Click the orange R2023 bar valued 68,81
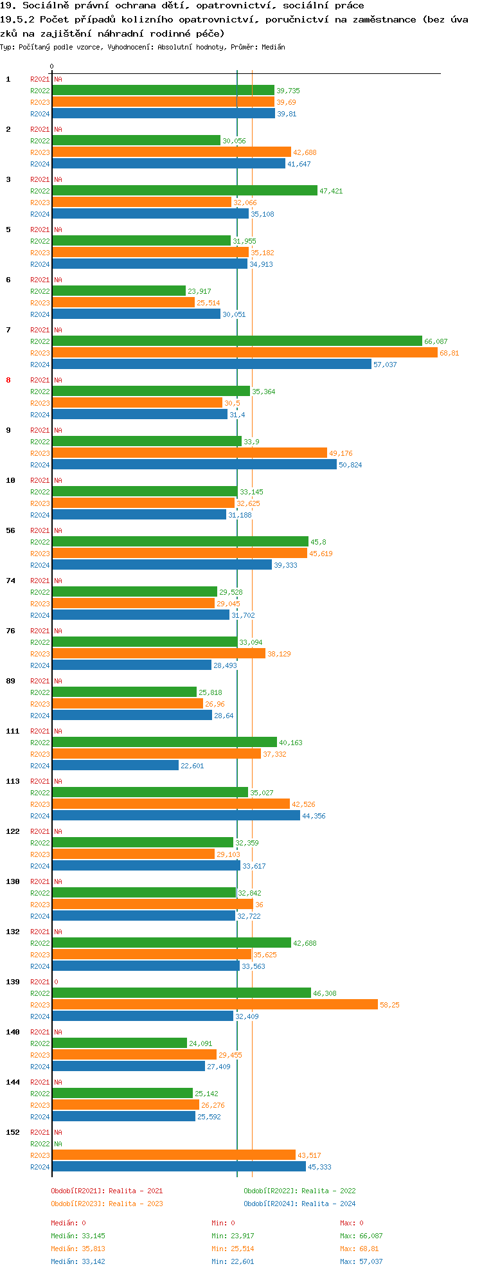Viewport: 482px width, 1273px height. point(244,353)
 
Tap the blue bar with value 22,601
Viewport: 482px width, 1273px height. point(115,766)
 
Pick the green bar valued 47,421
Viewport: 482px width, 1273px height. point(184,191)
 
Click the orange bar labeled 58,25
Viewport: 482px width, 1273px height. point(215,1005)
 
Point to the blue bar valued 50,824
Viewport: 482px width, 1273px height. point(194,465)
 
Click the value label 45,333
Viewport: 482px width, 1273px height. point(319,1167)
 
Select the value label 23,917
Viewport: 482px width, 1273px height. point(199,291)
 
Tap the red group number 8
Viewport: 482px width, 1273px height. point(8,380)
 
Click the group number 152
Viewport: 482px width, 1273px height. point(13,1132)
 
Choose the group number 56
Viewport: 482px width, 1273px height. point(10,530)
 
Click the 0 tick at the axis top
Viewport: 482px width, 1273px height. point(52,66)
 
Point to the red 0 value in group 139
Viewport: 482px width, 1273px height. point(56,982)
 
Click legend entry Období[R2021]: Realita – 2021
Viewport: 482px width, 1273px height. point(107,1191)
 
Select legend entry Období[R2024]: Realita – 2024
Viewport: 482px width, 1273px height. point(299,1204)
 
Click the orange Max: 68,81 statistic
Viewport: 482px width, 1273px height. point(359,1249)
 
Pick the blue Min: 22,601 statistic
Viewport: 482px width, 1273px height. point(234,1261)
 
